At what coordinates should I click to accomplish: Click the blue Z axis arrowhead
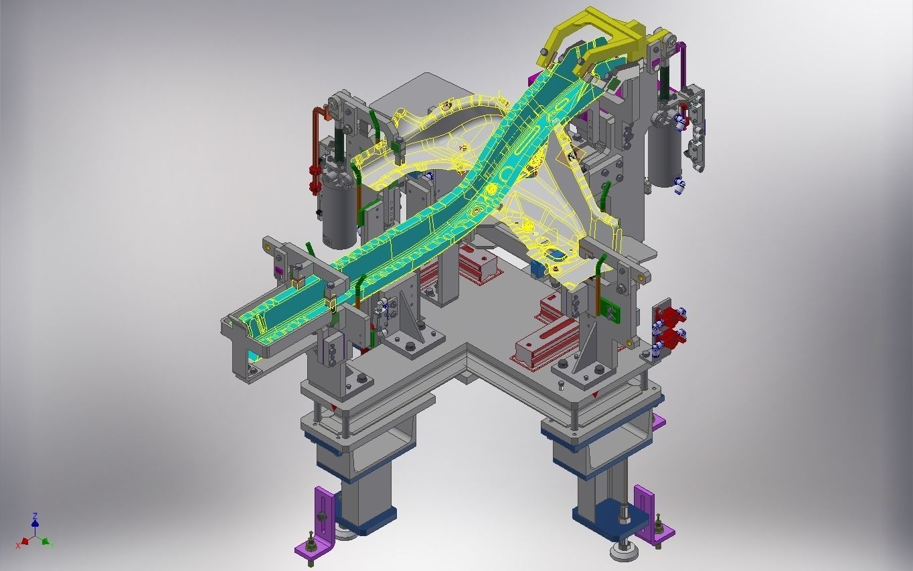tap(35, 517)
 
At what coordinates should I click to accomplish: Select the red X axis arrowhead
tap(23, 541)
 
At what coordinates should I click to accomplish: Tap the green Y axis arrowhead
tap(46, 541)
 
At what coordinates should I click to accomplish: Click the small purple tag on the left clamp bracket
tap(279, 270)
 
